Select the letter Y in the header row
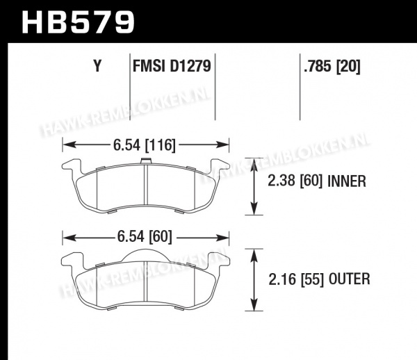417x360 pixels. [x=97, y=66]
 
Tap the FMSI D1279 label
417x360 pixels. [x=172, y=66]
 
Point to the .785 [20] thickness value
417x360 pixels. [x=332, y=66]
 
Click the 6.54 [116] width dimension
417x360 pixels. [x=145, y=145]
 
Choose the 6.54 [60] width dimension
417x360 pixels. [x=145, y=236]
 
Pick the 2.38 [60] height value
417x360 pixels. [x=295, y=181]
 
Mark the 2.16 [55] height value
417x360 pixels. [x=296, y=279]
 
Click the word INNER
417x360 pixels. [x=347, y=181]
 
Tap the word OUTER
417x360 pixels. [x=349, y=279]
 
